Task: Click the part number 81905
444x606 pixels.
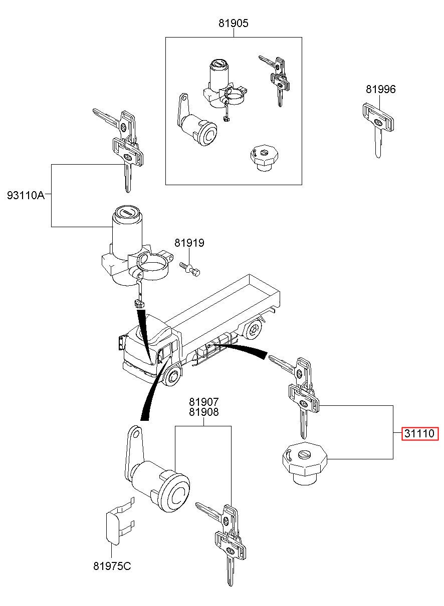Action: (x=233, y=23)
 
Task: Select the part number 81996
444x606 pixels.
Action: (x=381, y=89)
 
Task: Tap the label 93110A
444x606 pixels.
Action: (x=26, y=195)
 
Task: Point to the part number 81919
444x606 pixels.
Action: (x=189, y=243)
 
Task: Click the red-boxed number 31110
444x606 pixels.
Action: (x=419, y=433)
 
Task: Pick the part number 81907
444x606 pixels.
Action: (x=204, y=401)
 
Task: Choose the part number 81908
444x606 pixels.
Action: (x=204, y=412)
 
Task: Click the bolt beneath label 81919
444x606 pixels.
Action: (x=189, y=269)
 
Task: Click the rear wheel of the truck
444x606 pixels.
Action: (x=254, y=329)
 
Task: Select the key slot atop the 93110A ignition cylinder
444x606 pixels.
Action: (x=127, y=212)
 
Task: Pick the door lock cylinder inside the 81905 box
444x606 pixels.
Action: (x=197, y=124)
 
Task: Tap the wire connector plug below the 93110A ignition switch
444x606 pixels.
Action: (x=139, y=305)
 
